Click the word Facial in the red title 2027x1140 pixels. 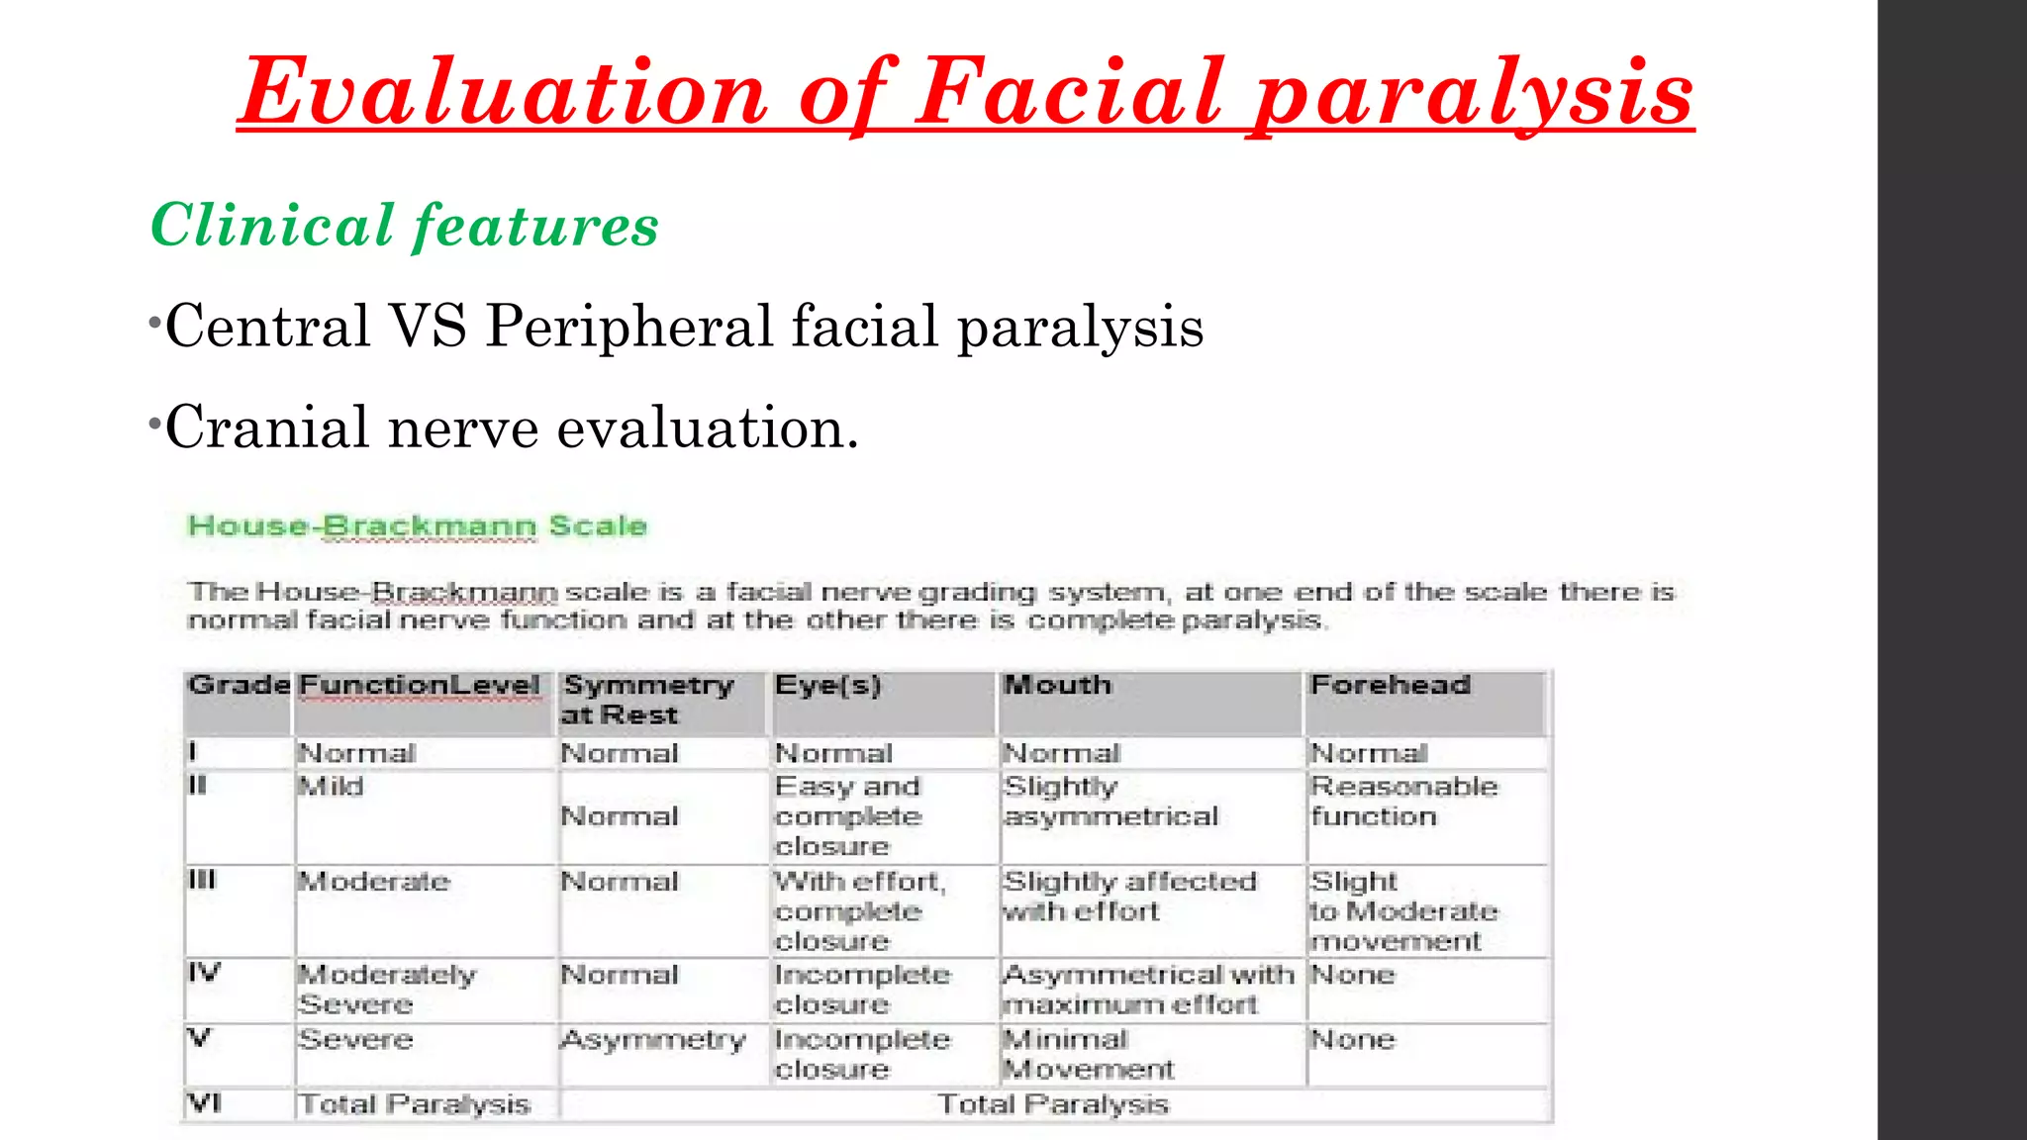pos(1070,93)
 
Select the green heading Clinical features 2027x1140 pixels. pos(404,226)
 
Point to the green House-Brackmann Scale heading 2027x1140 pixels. pos(417,525)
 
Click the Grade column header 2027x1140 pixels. pos(238,685)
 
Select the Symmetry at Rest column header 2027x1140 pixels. pos(648,700)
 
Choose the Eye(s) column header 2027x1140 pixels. pos(827,685)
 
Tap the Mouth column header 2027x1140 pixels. pos(1057,685)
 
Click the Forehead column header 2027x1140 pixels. pos(1390,685)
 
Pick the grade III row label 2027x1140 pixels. pos(202,880)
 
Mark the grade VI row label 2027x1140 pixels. pos(204,1102)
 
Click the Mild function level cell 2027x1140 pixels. pos(332,787)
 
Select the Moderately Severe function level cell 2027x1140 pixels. pos(386,990)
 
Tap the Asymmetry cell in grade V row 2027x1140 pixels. pos(653,1040)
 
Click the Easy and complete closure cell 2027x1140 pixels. pos(848,816)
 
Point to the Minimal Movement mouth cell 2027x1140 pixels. pos(1088,1054)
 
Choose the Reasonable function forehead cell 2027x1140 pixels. pos(1403,802)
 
